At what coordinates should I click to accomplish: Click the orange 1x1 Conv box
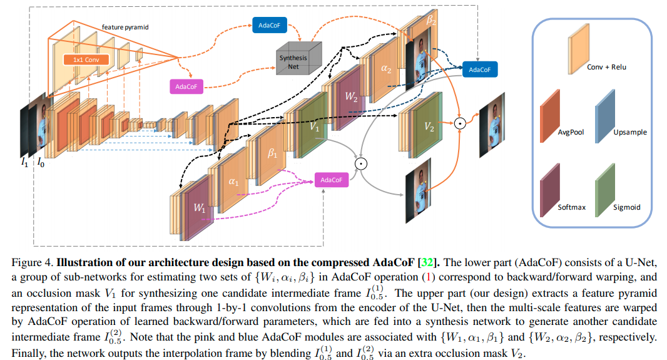coord(86,59)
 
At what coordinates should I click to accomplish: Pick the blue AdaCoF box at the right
coord(480,69)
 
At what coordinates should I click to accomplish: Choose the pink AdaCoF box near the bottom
coord(331,180)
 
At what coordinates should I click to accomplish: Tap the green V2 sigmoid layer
coord(429,126)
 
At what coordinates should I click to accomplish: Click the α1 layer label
coord(233,182)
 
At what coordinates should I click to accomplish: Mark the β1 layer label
coord(273,154)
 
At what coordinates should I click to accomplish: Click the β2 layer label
coord(430,21)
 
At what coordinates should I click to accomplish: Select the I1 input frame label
coord(24,163)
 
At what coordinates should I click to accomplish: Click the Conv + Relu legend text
coord(606,67)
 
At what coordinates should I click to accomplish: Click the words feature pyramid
coord(125,28)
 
